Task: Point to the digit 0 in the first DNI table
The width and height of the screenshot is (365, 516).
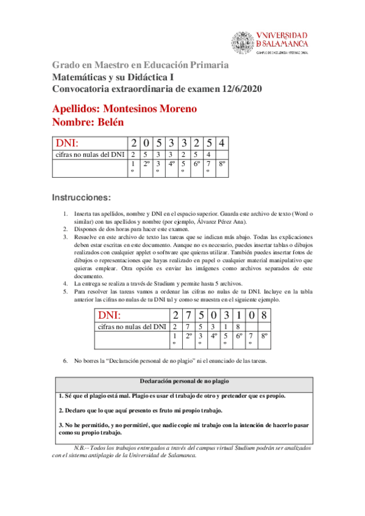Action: pyautogui.click(x=146, y=144)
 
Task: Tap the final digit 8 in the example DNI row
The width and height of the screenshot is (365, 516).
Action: pyautogui.click(x=264, y=316)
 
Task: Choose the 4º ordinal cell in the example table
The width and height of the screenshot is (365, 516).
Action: pyautogui.click(x=214, y=335)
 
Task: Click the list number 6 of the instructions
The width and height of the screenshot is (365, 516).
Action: pyautogui.click(x=65, y=361)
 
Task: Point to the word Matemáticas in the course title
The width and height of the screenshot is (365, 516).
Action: pyautogui.click(x=79, y=77)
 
